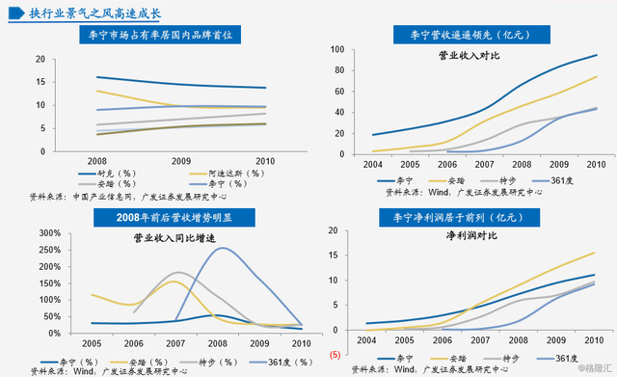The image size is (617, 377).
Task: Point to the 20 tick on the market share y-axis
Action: pos(40,59)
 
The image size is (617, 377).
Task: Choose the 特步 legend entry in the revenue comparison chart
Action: pos(518,179)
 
